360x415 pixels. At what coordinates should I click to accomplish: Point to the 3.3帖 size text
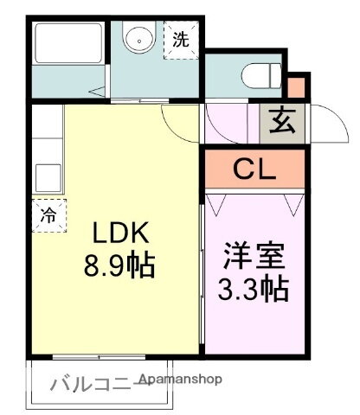(255, 289)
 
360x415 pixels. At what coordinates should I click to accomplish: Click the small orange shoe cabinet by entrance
(297, 87)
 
